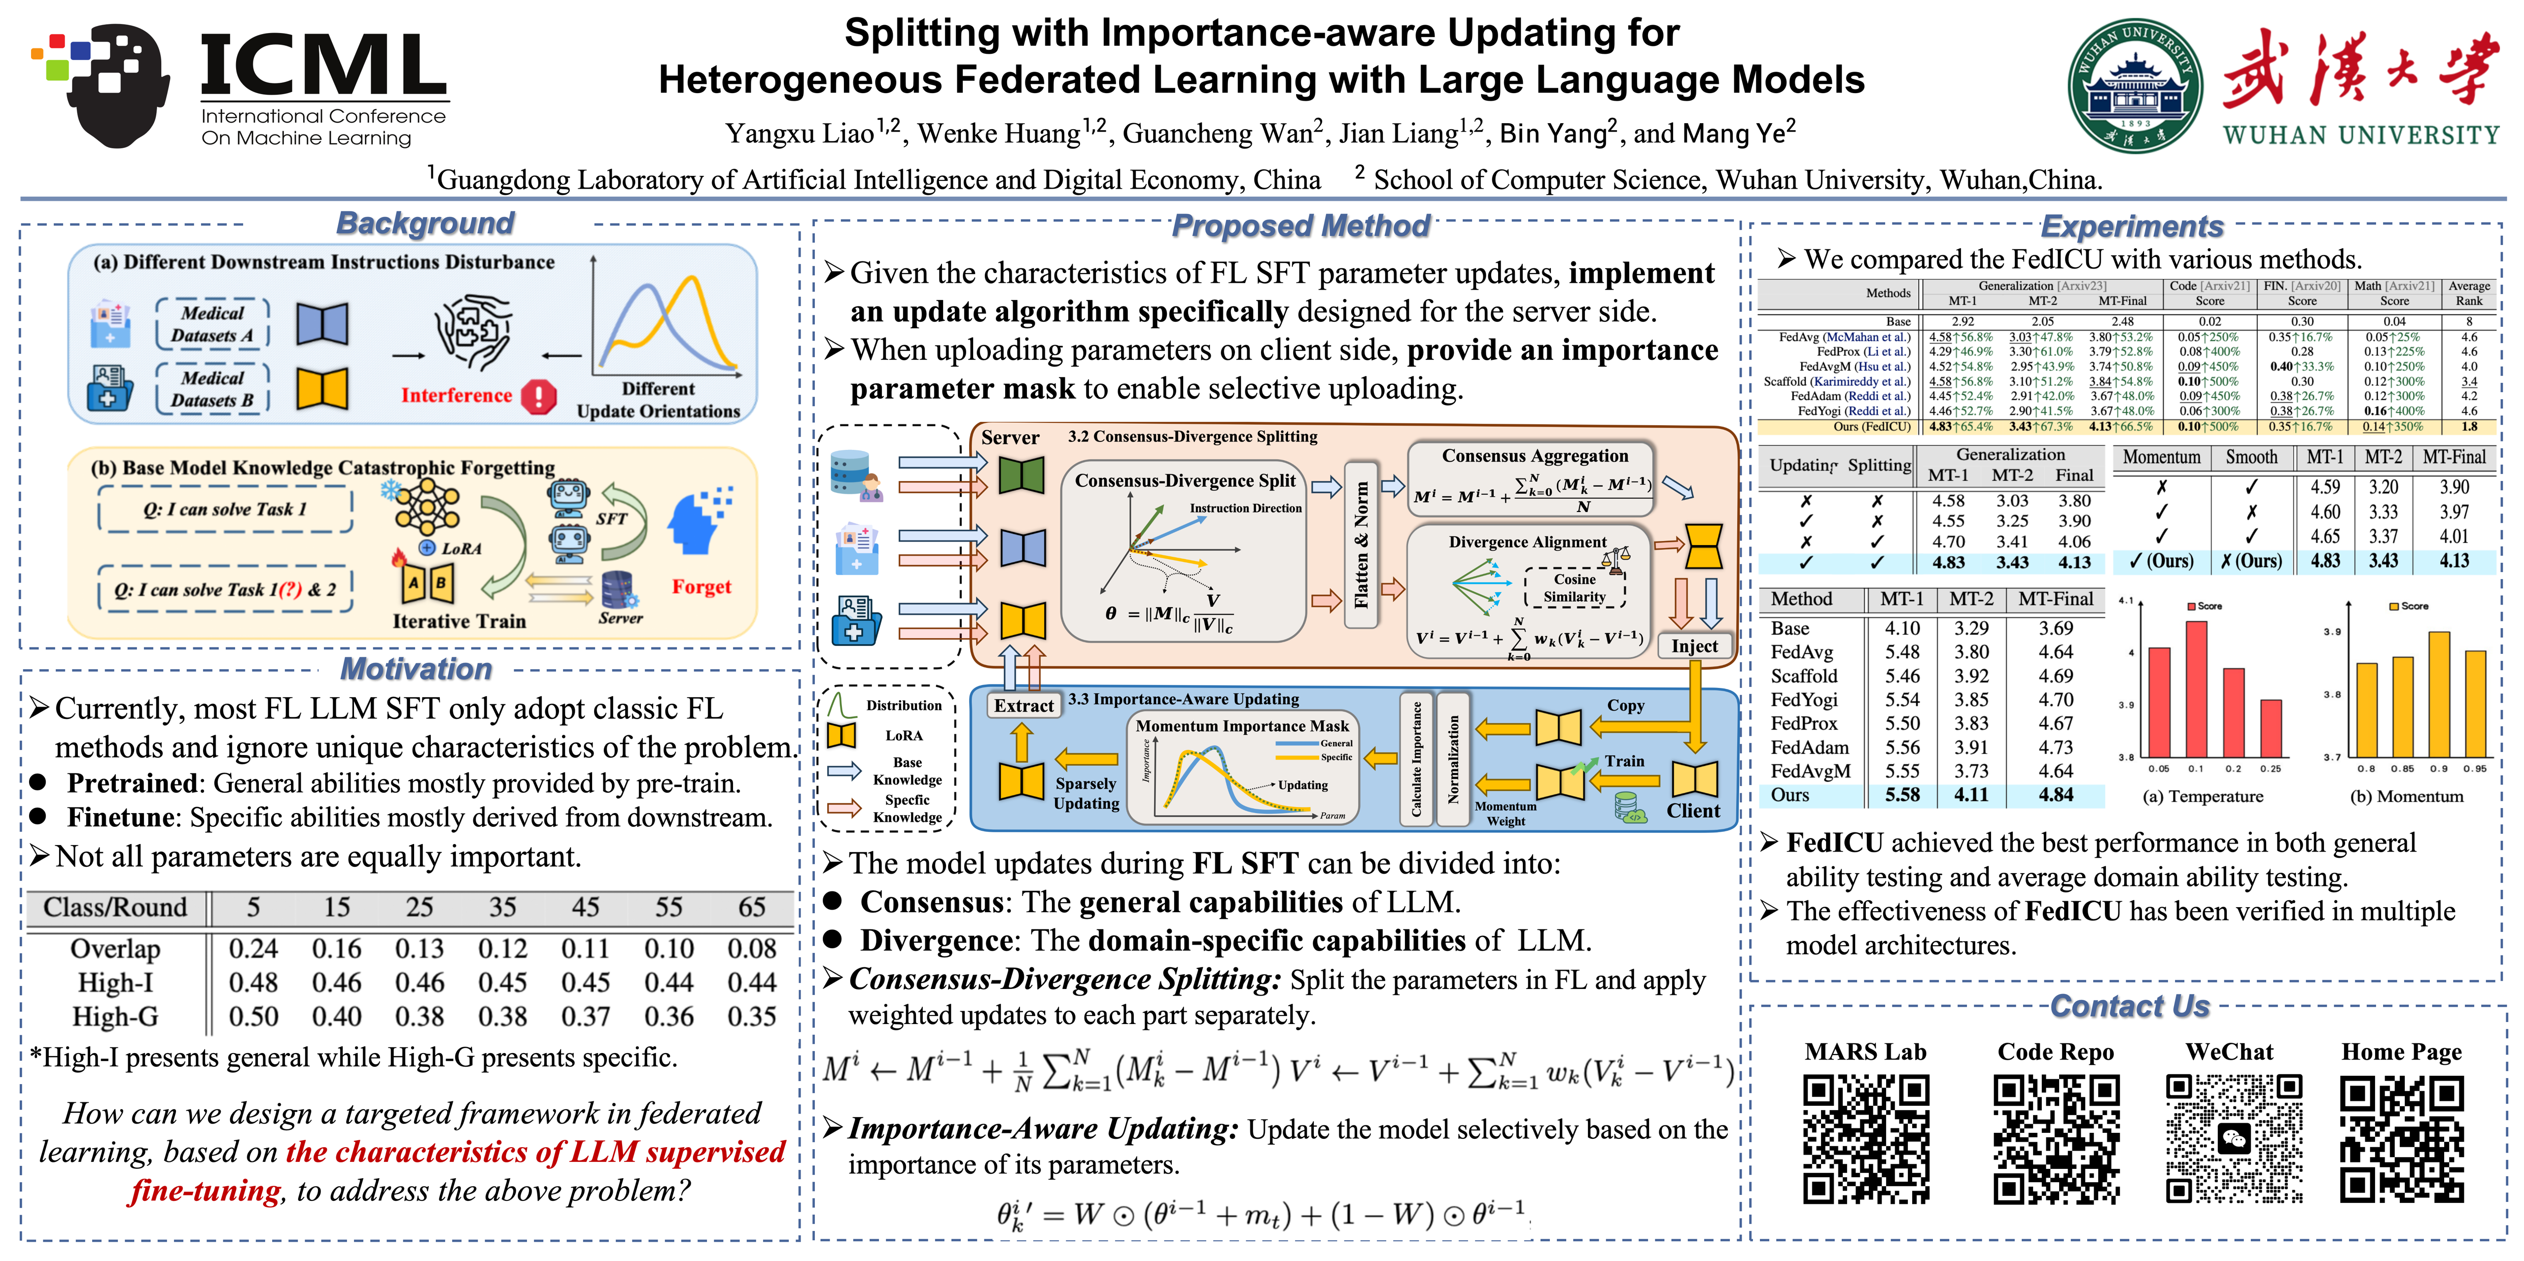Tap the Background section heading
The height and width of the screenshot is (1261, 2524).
pyautogui.click(x=425, y=223)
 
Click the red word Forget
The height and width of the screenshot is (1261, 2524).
pyautogui.click(x=701, y=587)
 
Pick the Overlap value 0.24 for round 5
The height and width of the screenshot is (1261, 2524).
pyautogui.click(x=253, y=949)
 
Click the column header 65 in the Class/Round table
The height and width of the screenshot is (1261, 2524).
pyautogui.click(x=751, y=907)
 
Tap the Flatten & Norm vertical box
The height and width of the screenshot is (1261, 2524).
pyautogui.click(x=1361, y=544)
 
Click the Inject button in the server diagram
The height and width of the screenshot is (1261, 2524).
pyautogui.click(x=1694, y=646)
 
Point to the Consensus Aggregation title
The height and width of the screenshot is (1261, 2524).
pyautogui.click(x=1535, y=456)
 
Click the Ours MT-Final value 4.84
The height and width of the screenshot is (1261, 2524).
pyautogui.click(x=2056, y=795)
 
